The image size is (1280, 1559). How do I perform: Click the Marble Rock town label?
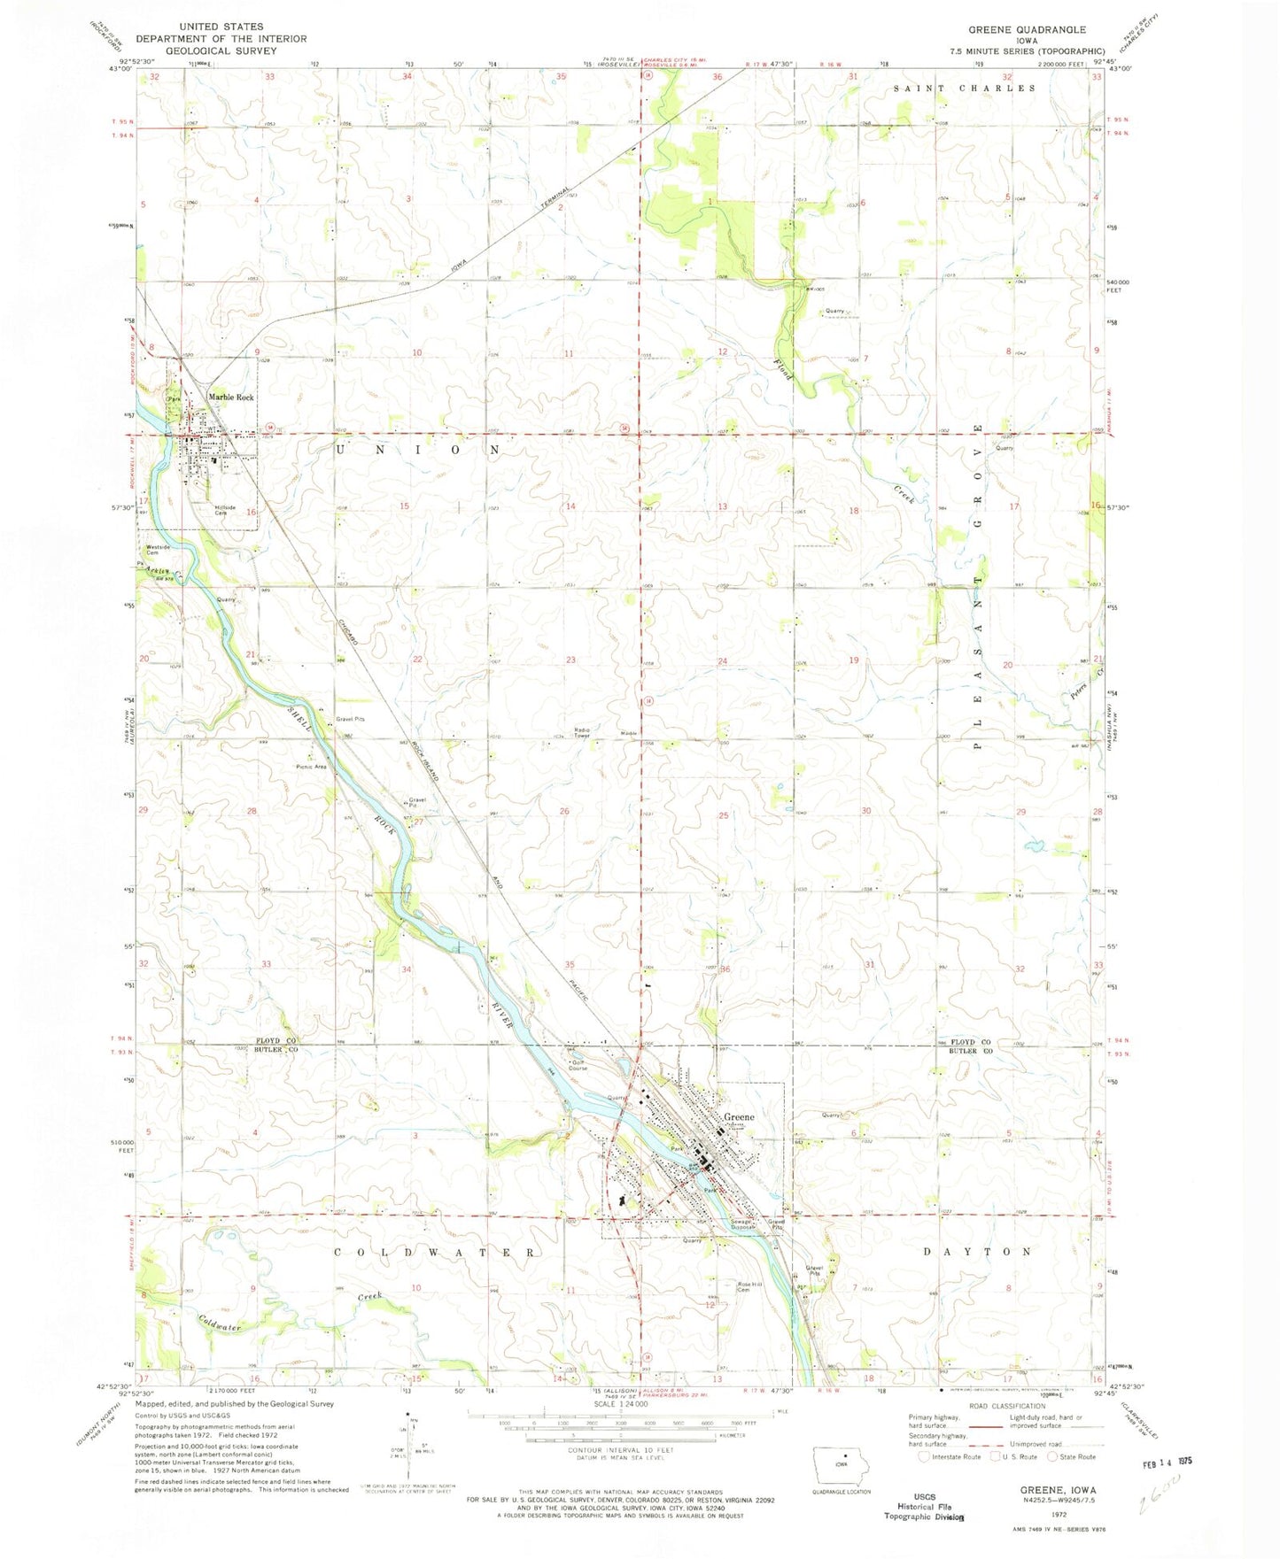point(230,397)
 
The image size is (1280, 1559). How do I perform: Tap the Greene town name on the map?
point(740,1117)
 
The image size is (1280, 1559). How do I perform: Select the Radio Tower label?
point(581,733)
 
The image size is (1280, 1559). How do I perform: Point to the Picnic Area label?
point(312,767)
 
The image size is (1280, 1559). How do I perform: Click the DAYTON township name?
point(977,1252)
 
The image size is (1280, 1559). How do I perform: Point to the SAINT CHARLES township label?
point(964,89)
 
